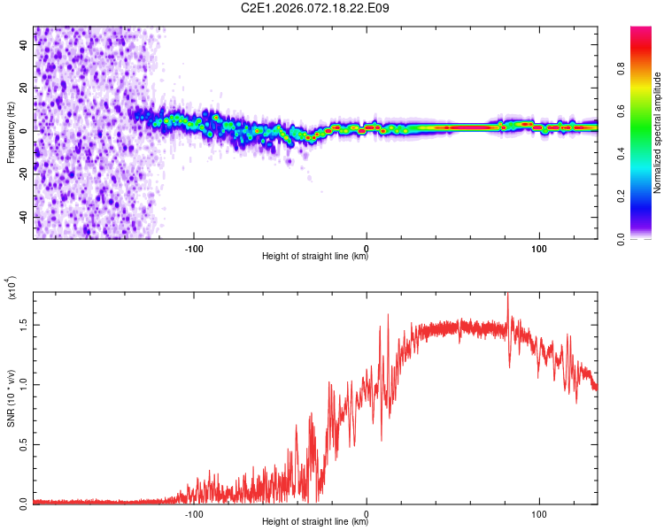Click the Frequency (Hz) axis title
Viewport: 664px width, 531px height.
click(11, 133)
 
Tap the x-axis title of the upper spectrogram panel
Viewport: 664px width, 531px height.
click(315, 257)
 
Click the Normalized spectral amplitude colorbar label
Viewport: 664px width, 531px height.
click(658, 133)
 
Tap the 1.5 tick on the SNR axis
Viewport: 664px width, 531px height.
click(24, 326)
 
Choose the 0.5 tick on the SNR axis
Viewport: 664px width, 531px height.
click(24, 444)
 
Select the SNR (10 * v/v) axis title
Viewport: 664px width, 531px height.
click(12, 398)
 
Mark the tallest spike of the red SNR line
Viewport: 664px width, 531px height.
click(507, 296)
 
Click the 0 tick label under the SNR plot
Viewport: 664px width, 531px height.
click(367, 513)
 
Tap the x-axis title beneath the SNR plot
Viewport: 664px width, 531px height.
click(315, 522)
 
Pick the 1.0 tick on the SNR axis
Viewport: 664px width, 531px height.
click(24, 385)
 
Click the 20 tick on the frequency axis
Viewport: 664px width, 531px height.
click(24, 88)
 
